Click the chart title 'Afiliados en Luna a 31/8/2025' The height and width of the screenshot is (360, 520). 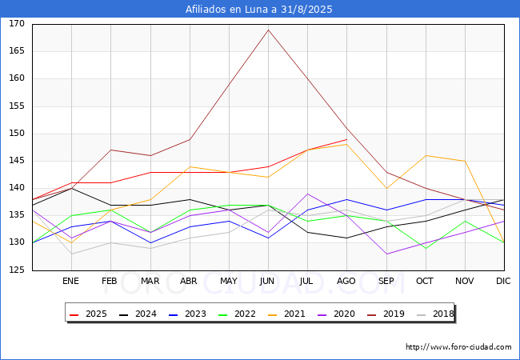[258, 9]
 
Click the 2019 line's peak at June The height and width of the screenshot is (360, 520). [268, 30]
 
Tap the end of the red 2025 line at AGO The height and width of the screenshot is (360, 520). [347, 139]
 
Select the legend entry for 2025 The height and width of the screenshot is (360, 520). [89, 314]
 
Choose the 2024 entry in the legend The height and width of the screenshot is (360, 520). [138, 314]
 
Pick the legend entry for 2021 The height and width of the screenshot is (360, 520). [287, 314]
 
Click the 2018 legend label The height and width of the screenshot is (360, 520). [435, 314]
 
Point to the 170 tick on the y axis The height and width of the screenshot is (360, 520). [17, 23]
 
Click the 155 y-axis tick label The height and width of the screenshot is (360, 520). [17, 106]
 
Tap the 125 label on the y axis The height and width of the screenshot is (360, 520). [17, 270]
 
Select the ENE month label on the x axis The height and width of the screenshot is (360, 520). [70, 281]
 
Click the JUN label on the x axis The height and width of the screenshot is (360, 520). [267, 281]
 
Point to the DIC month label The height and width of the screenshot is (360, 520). [503, 281]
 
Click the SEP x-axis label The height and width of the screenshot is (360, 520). [386, 281]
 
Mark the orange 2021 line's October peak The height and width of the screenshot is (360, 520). [426, 155]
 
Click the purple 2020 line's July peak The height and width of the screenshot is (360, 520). [308, 194]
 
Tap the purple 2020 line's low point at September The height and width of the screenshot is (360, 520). [386, 254]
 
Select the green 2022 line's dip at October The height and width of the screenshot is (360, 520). [426, 248]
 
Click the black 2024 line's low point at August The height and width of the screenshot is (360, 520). [347, 238]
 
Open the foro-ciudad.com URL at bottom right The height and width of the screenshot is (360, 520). [458, 347]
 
